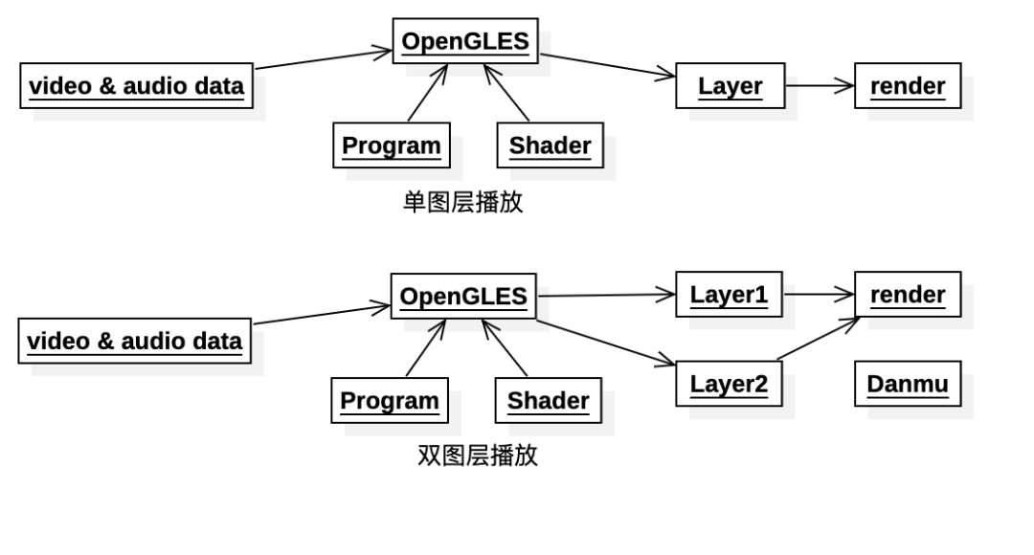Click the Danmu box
[x=907, y=384]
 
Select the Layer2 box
[x=729, y=384]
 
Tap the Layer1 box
[x=729, y=295]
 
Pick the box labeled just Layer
[x=730, y=86]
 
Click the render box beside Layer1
[x=907, y=295]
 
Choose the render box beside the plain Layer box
[x=907, y=86]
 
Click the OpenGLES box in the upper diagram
[x=464, y=41]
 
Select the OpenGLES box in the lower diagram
[x=462, y=297]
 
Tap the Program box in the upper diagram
[x=391, y=145]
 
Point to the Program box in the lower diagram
[x=389, y=401]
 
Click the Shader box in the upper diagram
[x=550, y=145]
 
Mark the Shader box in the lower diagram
[x=548, y=401]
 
